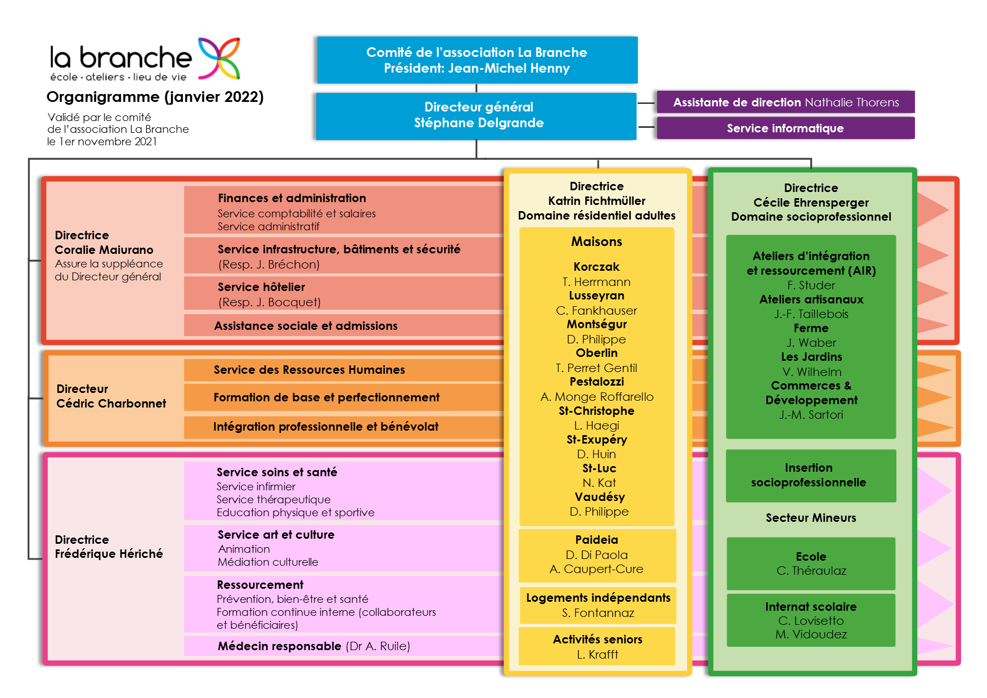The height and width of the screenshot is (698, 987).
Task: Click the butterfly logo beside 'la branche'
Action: pyautogui.click(x=219, y=58)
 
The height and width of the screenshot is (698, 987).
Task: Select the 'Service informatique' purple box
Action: pyautogui.click(x=786, y=128)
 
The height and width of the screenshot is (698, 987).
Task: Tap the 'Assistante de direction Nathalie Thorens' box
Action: pyautogui.click(x=786, y=102)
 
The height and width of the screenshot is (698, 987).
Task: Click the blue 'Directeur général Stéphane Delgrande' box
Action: pyautogui.click(x=476, y=116)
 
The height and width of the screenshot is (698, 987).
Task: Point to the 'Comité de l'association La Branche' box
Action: pyautogui.click(x=477, y=60)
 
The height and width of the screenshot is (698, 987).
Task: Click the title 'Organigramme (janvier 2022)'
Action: pyautogui.click(x=155, y=97)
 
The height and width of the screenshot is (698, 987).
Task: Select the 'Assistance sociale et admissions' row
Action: pyautogui.click(x=344, y=325)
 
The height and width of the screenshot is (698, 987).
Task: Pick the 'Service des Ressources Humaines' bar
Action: pyautogui.click(x=344, y=370)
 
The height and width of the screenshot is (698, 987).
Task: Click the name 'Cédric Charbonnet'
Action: pyautogui.click(x=111, y=404)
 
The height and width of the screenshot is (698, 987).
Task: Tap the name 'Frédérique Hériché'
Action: pyautogui.click(x=109, y=554)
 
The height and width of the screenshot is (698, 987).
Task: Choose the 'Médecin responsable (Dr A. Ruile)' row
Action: pyautogui.click(x=344, y=646)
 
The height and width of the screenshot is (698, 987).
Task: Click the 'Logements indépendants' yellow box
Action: pyautogui.click(x=598, y=605)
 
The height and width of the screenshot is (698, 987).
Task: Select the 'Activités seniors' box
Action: pyautogui.click(x=598, y=646)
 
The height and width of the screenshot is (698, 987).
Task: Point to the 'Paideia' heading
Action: pyautogui.click(x=596, y=540)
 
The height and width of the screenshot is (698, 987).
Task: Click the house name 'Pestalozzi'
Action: pyautogui.click(x=596, y=382)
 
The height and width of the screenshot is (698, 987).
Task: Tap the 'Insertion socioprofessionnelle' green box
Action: pyautogui.click(x=811, y=476)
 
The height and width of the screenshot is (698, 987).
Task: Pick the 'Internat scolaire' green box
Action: pyautogui.click(x=811, y=620)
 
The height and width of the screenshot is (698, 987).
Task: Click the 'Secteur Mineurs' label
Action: pyautogui.click(x=811, y=518)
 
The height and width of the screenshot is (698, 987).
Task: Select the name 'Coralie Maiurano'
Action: pyautogui.click(x=104, y=250)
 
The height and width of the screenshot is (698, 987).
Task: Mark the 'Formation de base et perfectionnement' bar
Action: pyautogui.click(x=344, y=397)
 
